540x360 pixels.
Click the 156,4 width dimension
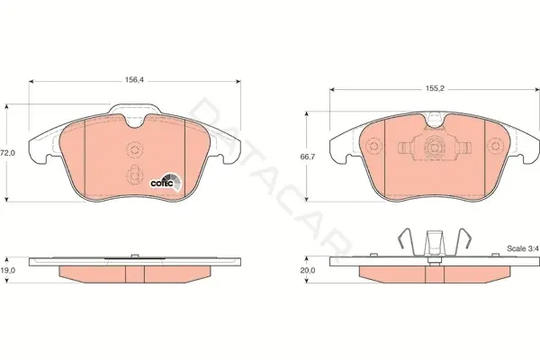pos(134,80)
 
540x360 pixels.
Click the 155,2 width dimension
pos(435,88)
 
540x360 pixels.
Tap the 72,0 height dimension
pos(7,153)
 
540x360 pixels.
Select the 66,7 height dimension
pos(308,157)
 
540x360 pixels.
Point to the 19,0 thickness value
pos(7,270)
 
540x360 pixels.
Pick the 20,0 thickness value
pos(308,270)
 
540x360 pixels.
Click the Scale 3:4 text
pos(522,248)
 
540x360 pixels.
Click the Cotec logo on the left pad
pos(166,182)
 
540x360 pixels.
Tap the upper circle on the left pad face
pos(134,149)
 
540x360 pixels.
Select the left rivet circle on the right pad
pos(374,146)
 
